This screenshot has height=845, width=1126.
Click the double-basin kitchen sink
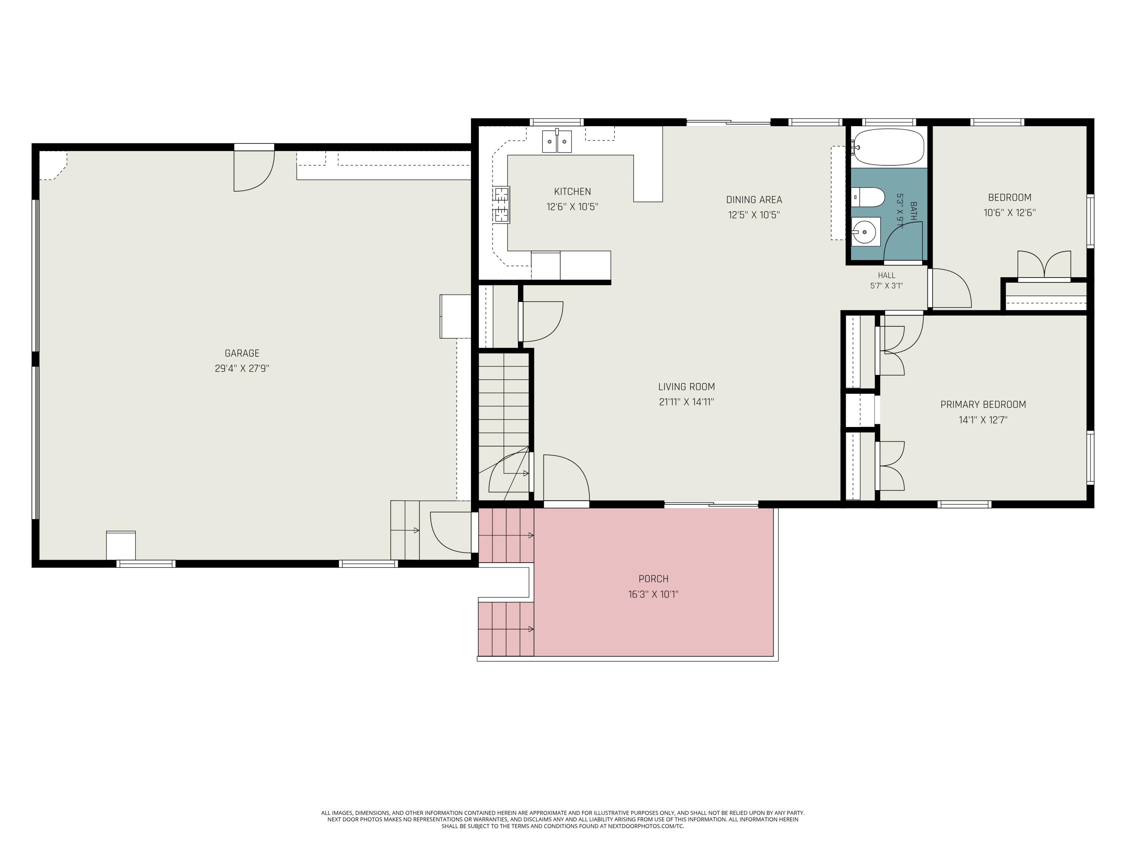(x=557, y=141)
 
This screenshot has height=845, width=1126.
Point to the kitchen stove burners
(x=501, y=205)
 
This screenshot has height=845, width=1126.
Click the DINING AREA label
(x=754, y=200)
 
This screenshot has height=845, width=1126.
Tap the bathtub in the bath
(x=888, y=147)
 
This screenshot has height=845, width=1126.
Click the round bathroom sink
(x=866, y=232)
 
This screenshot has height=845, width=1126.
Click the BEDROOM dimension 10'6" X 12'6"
(x=1009, y=213)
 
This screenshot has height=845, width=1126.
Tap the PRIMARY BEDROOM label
(x=983, y=404)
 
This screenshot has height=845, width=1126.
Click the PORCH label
(x=653, y=579)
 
